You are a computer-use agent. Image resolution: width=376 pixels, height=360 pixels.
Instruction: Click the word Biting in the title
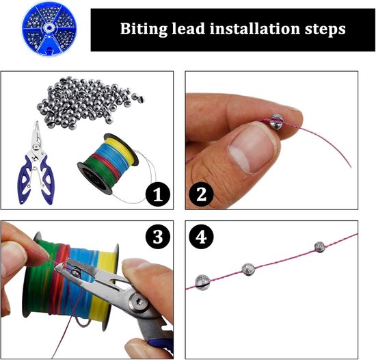click(x=144, y=29)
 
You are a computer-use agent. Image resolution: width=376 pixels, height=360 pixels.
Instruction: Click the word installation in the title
click(x=255, y=29)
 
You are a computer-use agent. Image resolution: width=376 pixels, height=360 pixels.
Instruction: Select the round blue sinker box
click(x=49, y=29)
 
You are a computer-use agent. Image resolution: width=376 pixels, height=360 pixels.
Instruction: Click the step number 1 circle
click(x=157, y=194)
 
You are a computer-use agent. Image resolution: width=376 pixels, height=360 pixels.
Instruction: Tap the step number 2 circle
click(x=201, y=194)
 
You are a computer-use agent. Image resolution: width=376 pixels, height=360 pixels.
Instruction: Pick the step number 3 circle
click(x=157, y=237)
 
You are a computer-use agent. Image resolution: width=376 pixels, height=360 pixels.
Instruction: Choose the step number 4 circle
click(x=201, y=237)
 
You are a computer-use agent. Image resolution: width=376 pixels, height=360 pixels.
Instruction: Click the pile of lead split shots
click(x=89, y=102)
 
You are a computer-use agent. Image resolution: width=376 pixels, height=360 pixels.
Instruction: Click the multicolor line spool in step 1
click(x=108, y=163)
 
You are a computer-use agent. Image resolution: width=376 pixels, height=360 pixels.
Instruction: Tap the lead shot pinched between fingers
click(x=277, y=120)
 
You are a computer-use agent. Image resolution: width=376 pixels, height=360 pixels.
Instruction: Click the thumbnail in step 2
click(x=252, y=149)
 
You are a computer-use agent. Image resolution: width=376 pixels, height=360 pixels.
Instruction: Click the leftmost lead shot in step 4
click(x=203, y=282)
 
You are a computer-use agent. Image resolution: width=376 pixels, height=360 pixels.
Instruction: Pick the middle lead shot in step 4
click(x=248, y=269)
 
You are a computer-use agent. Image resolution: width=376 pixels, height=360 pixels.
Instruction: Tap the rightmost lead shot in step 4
click(x=320, y=247)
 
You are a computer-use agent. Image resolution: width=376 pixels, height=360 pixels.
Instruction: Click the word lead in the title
click(x=188, y=29)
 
